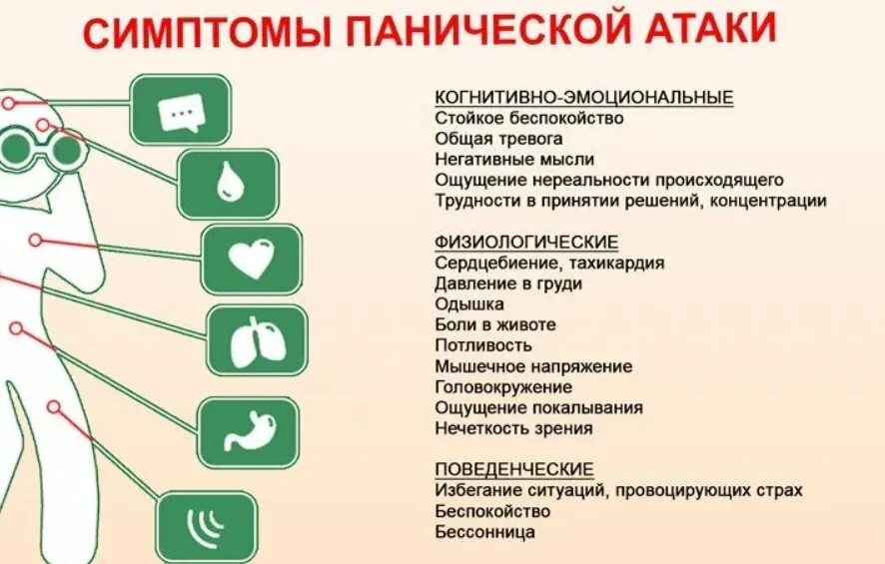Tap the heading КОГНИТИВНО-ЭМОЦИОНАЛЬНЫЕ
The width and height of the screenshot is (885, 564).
click(584, 97)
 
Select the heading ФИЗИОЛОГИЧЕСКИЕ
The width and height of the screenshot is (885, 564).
click(526, 242)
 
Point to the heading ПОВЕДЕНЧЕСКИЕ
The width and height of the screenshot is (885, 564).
click(514, 469)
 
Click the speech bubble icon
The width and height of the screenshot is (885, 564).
click(181, 109)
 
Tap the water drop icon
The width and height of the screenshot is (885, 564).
click(228, 184)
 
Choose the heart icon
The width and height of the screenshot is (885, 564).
click(252, 260)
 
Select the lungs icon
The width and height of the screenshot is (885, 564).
click(257, 341)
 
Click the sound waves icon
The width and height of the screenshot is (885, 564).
click(206, 525)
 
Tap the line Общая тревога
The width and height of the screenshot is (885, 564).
click(498, 139)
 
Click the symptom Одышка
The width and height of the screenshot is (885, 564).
click(469, 304)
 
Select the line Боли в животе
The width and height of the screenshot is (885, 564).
click(495, 324)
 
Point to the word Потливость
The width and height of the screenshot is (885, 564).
click(483, 345)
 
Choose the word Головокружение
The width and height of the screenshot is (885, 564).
click(503, 387)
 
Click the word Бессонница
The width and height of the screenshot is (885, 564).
click(484, 532)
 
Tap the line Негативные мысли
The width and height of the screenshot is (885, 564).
click(514, 160)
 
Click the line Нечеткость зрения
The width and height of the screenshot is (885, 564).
click(513, 428)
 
